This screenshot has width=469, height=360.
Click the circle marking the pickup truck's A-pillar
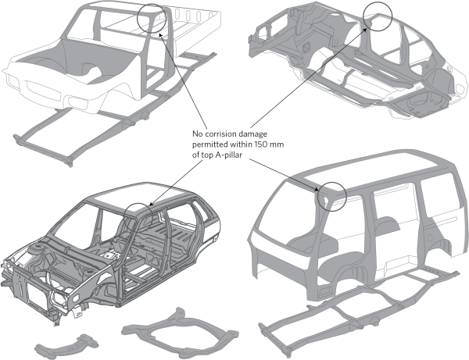coord(151,18)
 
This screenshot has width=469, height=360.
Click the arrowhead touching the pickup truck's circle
coord(159,33)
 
